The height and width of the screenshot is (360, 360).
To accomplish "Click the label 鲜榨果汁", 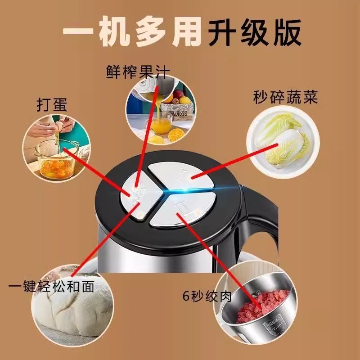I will pos(139,72).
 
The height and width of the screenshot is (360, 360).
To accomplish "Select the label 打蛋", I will pos(52,105).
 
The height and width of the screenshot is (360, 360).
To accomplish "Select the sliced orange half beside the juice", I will pos(176,134).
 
